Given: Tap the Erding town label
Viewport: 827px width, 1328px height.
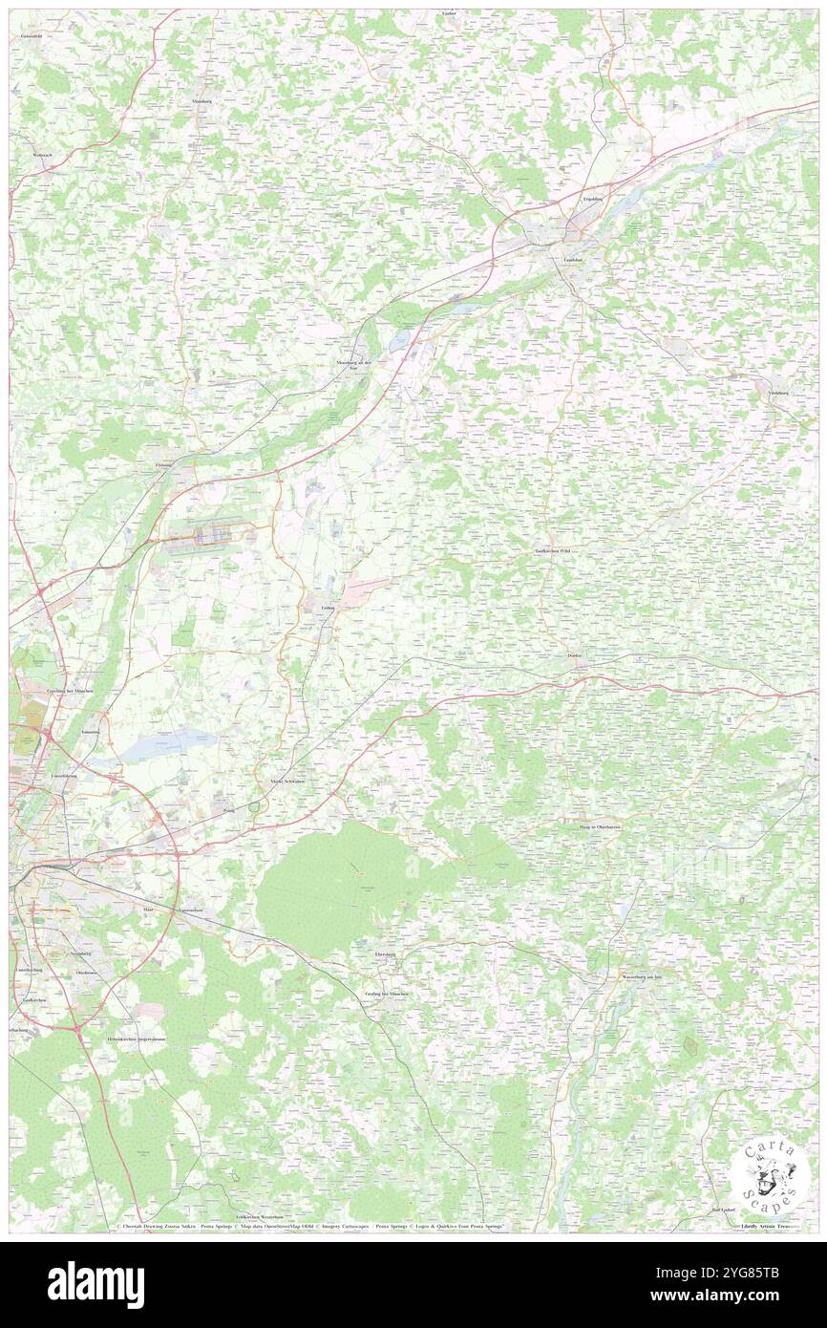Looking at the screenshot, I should coord(327,608).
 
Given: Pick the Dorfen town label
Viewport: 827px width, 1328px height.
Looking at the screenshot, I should coord(574,656).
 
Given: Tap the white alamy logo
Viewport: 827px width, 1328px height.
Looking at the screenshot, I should coord(95,1284).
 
